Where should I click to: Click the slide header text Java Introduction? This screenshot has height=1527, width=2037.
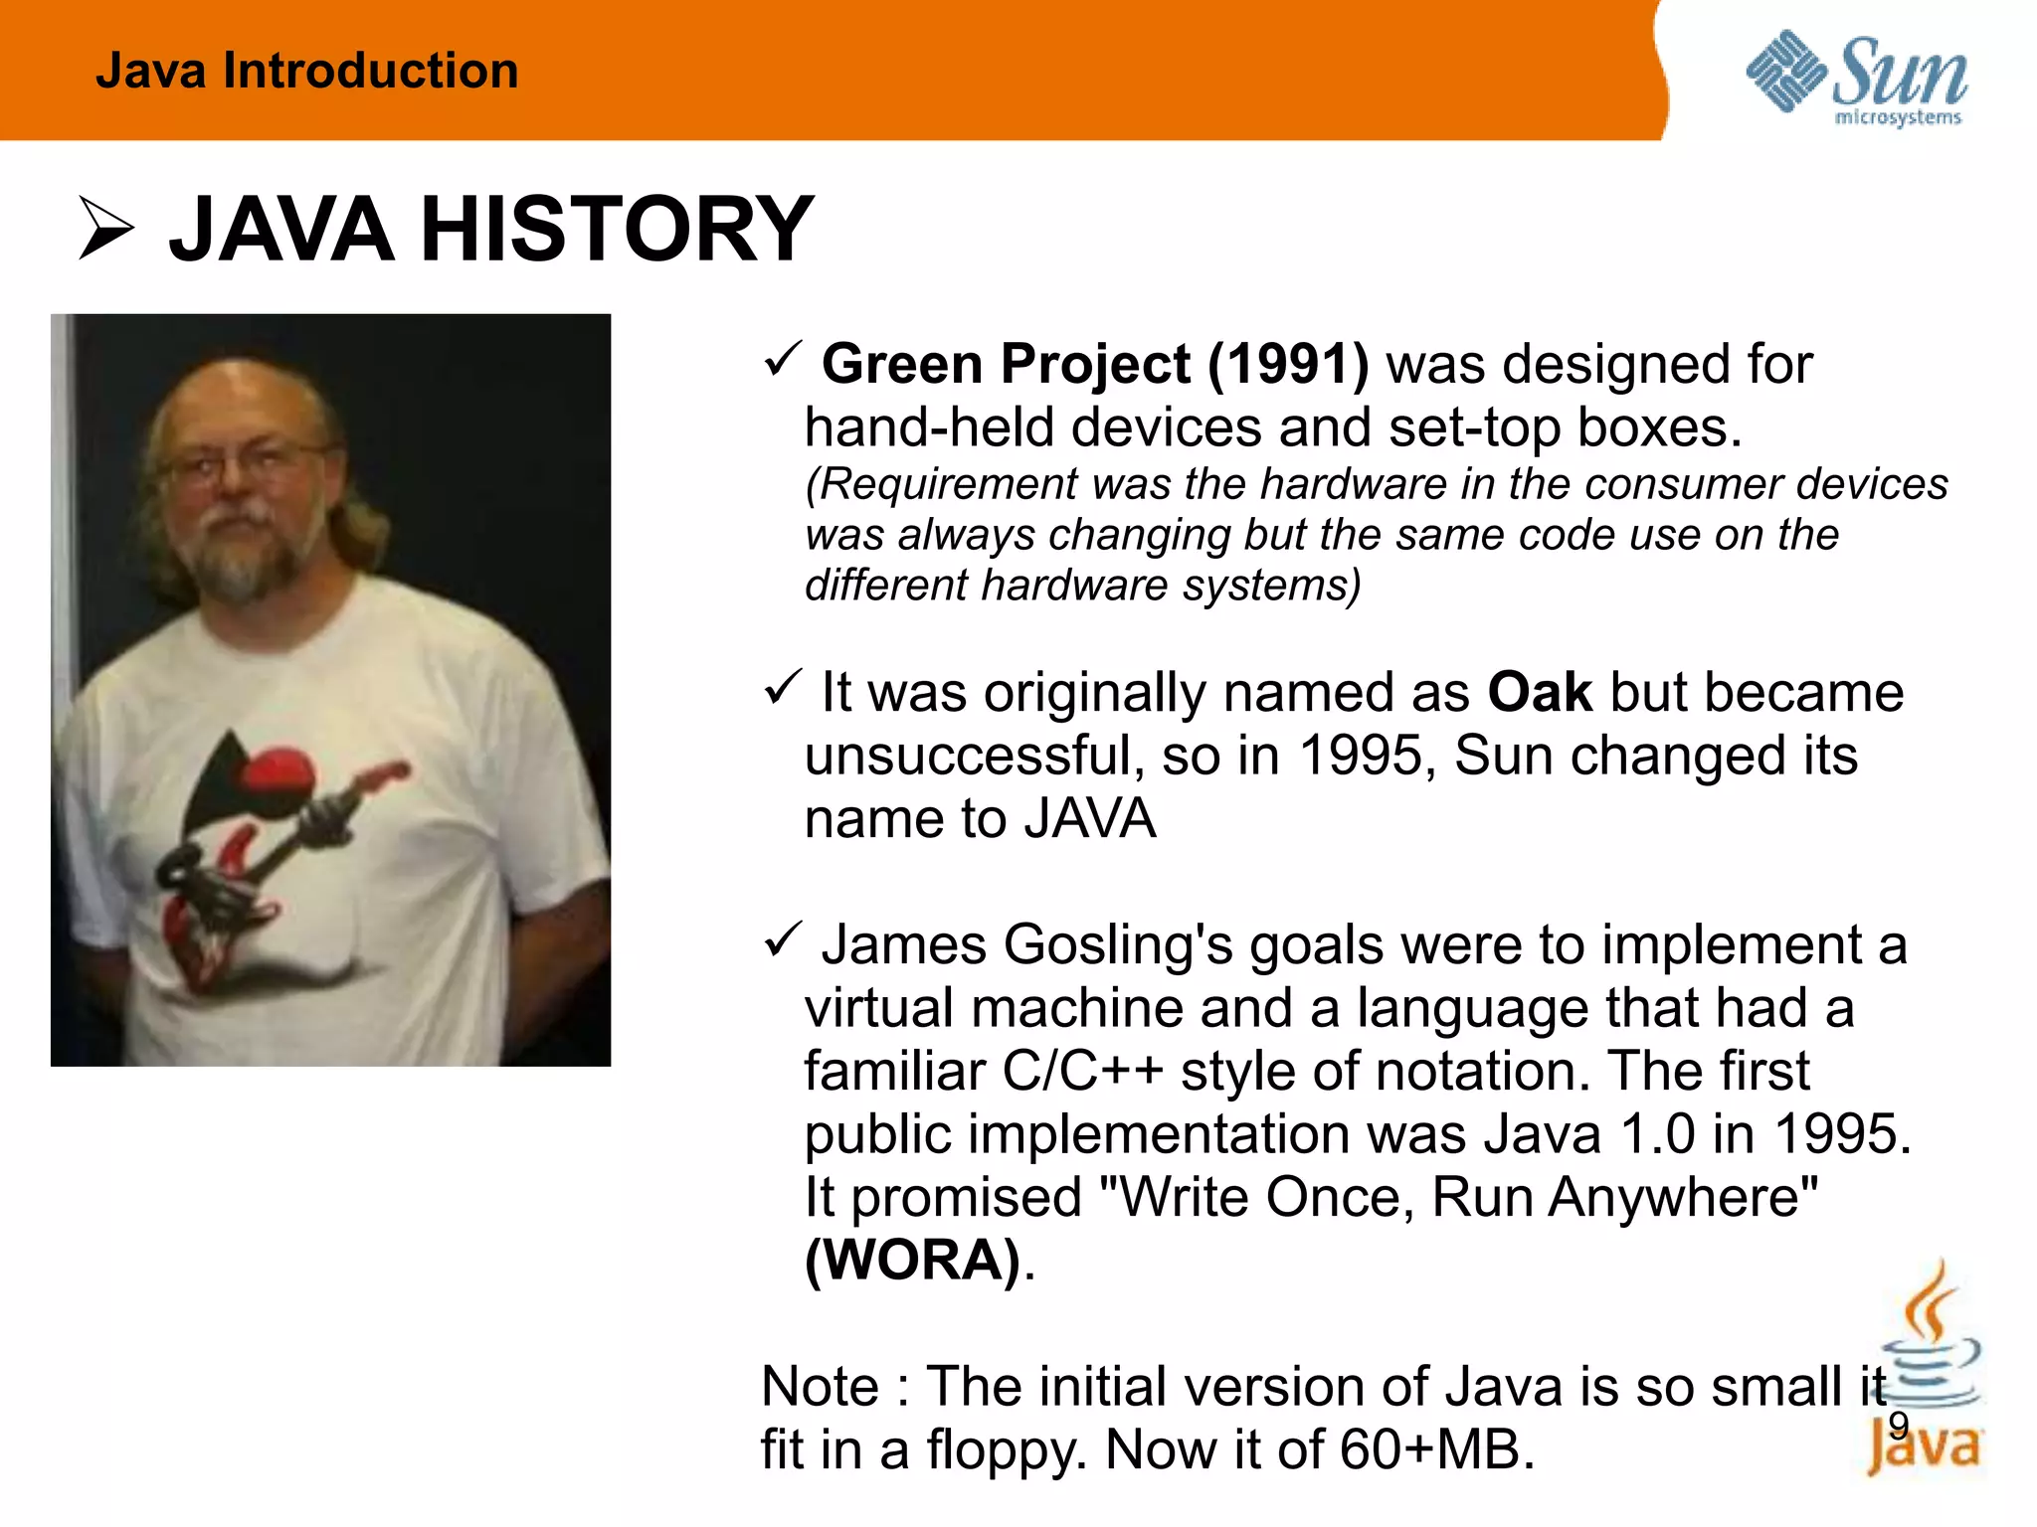[306, 72]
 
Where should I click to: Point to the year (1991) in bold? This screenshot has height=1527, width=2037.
[1288, 364]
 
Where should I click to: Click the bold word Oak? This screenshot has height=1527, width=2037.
[1540, 692]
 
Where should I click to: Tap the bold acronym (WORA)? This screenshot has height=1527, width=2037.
[913, 1260]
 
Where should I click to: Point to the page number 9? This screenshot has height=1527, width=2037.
[1898, 1426]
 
